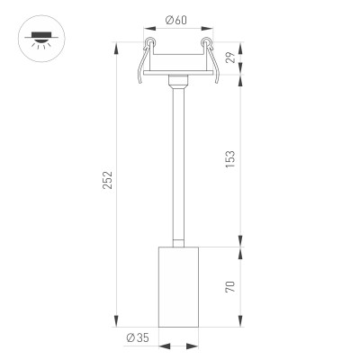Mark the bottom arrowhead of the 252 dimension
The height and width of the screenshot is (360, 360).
coord(117,326)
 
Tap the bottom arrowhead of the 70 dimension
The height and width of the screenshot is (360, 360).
coord(241,326)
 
